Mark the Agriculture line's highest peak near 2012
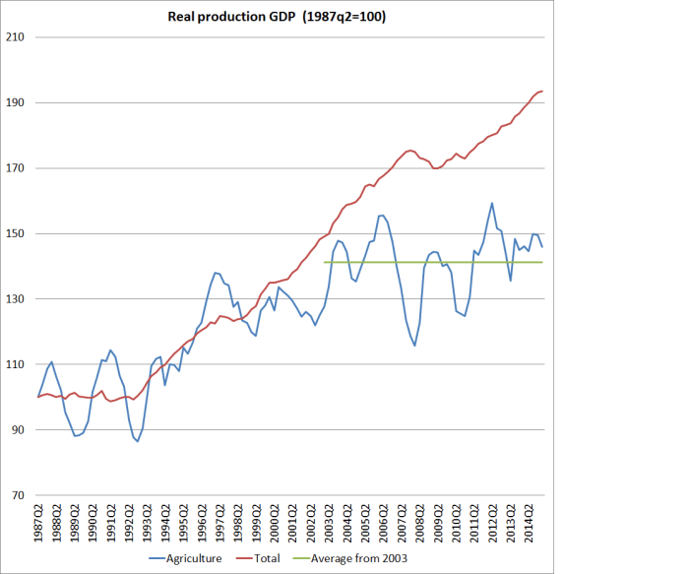click(x=492, y=204)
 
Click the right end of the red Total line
click(x=542, y=91)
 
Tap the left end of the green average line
click(x=325, y=262)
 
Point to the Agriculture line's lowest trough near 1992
click(x=137, y=441)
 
